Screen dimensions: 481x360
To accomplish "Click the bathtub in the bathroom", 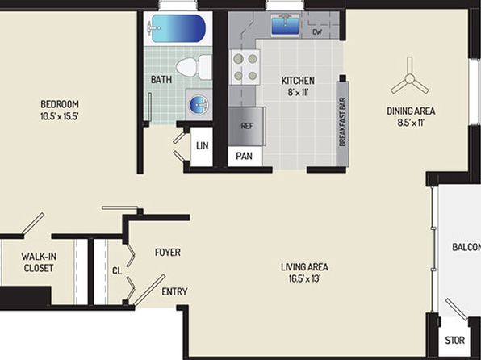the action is coord(178,28).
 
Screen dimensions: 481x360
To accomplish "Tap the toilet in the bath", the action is coord(194,67).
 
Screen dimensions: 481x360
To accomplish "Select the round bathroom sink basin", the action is coord(199,104).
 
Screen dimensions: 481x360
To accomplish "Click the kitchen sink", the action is coord(285,25).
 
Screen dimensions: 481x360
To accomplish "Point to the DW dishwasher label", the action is coord(317,32).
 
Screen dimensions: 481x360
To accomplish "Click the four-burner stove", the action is coord(245,67).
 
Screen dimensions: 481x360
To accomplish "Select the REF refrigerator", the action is coord(247,126).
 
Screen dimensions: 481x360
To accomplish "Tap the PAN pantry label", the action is coord(245,156).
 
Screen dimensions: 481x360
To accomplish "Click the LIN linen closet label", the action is coord(203,145).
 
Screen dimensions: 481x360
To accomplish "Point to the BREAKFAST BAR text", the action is coord(343,122).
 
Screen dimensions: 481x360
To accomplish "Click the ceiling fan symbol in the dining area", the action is coord(409,78).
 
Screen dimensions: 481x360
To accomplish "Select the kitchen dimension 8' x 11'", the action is coord(298,92).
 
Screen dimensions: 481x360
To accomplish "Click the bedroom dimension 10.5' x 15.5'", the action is coord(60,116).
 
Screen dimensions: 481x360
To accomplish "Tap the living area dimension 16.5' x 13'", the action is coord(304,278).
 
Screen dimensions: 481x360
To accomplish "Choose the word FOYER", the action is coord(168,253).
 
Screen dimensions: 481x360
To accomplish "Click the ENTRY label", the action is coord(174,291).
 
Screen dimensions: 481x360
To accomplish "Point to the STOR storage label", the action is coord(454,341).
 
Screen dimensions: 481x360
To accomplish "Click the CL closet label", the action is coord(117,270).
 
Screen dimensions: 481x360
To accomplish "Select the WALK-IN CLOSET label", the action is coord(39,262).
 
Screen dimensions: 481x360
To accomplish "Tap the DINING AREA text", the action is coord(411,111).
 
